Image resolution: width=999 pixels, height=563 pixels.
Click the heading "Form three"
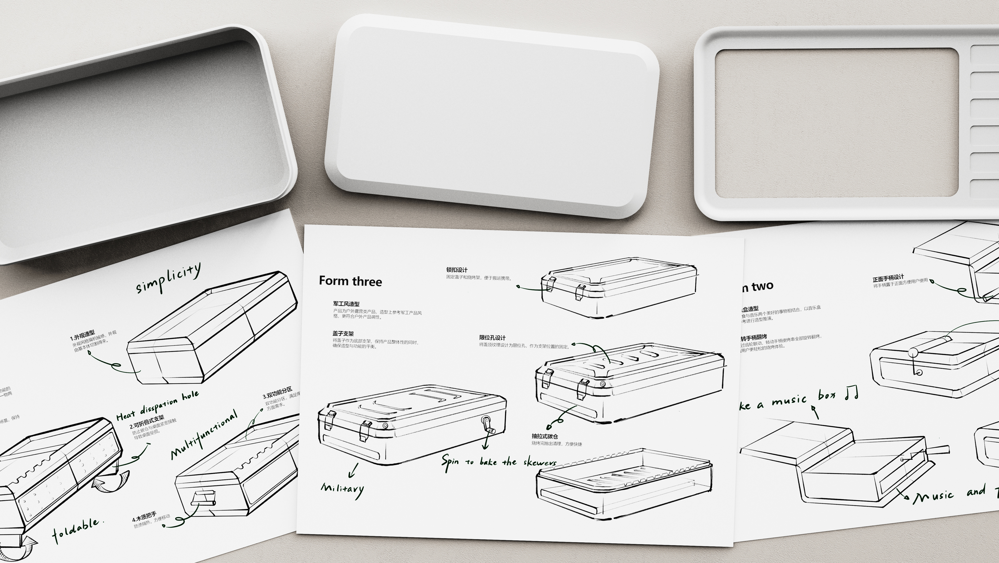(350, 281)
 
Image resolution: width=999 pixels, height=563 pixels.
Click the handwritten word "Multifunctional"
(204, 435)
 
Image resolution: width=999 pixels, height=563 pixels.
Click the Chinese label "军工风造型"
(346, 304)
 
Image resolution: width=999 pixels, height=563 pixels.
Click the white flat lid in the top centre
(491, 116)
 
